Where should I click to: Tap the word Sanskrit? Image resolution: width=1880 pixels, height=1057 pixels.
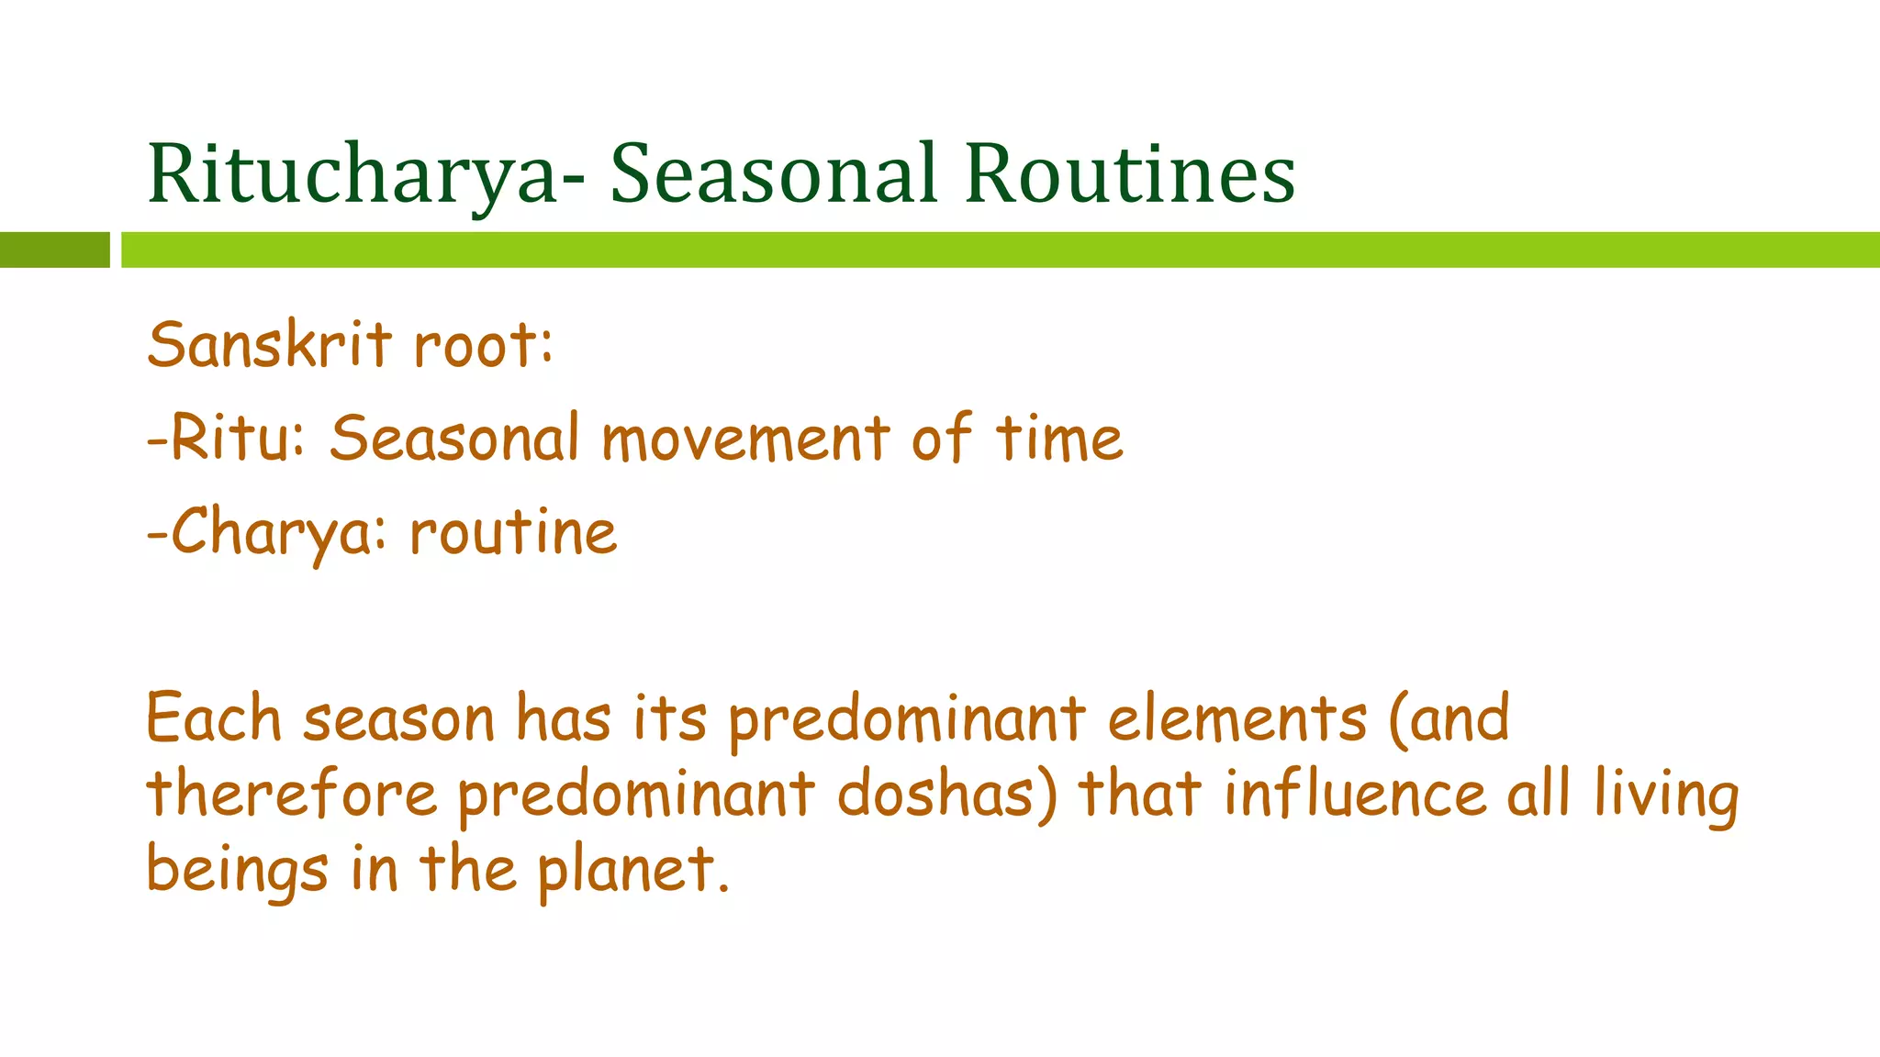pos(269,346)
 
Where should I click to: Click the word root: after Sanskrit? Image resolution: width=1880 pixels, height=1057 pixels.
pos(483,348)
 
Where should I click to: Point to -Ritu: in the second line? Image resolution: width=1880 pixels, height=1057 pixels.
pos(226,439)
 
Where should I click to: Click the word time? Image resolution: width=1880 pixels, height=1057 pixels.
pos(1059,439)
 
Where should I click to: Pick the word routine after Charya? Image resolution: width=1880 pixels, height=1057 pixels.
pos(513,533)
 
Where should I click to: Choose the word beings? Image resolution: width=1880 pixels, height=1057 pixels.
pos(237,871)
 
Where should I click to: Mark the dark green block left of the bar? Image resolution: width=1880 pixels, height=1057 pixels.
pos(54,250)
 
